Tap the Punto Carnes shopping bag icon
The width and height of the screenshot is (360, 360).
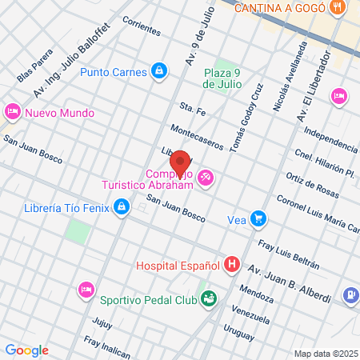point(160,72)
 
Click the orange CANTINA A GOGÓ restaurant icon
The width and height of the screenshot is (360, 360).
point(340,8)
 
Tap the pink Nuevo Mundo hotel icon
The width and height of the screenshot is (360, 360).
point(12,112)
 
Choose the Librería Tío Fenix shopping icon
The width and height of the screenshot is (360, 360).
point(121,209)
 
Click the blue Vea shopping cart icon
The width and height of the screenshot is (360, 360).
point(258,218)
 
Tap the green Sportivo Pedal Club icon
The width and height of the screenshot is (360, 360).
point(209,300)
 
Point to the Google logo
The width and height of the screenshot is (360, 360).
point(26,350)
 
